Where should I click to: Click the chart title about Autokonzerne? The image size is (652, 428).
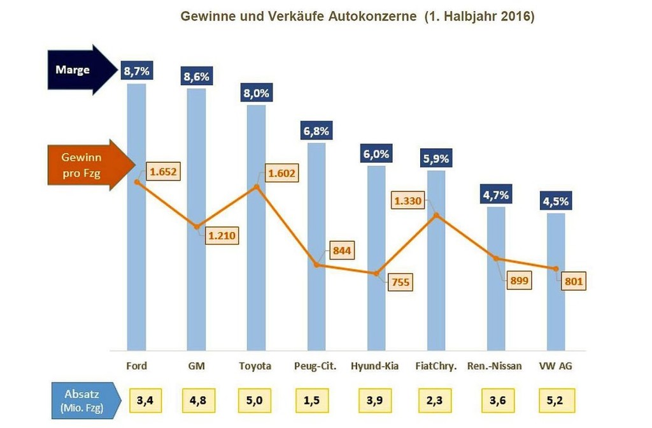click(357, 16)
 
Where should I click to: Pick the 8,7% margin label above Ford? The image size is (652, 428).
click(136, 71)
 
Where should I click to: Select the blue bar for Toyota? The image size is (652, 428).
click(257, 255)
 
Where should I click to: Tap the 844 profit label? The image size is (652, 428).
click(342, 250)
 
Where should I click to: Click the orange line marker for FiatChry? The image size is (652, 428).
click(436, 216)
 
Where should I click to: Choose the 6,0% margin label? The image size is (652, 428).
click(376, 154)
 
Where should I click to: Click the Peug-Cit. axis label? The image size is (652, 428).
click(316, 366)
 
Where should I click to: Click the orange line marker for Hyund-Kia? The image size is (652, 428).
click(376, 272)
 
